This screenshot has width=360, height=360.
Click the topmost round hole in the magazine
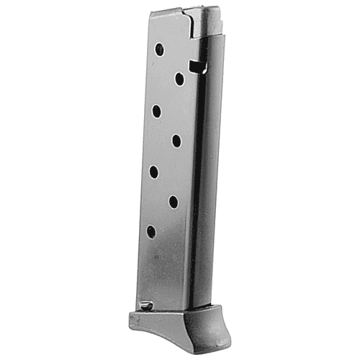tap(160, 50)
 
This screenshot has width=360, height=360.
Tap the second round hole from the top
tap(179, 79)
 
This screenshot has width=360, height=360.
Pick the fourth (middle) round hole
tap(176, 140)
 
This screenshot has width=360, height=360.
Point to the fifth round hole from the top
tap(154, 171)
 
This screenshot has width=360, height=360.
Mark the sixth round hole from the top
tap(174, 202)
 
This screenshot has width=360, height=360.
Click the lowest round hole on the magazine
tap(150, 231)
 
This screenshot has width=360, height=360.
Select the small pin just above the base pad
tap(146, 306)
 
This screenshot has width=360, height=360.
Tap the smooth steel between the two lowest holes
tap(163, 217)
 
